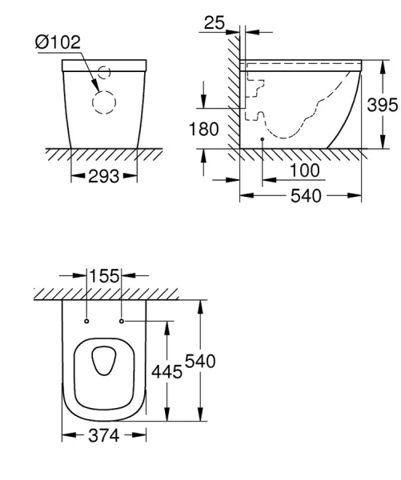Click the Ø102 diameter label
click(58, 42)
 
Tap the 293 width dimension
click(103, 175)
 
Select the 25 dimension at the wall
click(214, 24)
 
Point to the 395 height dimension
click(383, 105)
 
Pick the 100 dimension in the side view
click(304, 170)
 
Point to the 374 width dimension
click(103, 436)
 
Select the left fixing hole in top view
click(85, 322)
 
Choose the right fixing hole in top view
click(121, 322)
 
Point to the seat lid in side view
click(304, 62)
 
